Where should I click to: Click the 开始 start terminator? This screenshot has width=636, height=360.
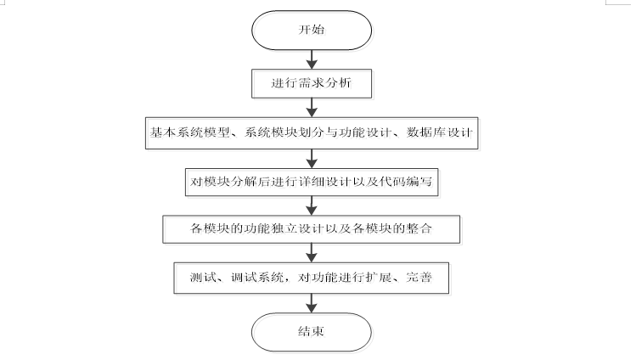pos(312,30)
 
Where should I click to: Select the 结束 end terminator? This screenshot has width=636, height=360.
pos(312,332)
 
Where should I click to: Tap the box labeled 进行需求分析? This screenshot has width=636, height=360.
pos(312,84)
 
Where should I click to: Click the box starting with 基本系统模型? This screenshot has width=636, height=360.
pos(313,132)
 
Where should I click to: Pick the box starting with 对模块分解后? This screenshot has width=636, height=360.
pos(313,181)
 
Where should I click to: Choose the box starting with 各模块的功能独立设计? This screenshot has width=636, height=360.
pos(313,229)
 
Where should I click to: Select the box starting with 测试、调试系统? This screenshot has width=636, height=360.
pos(313,278)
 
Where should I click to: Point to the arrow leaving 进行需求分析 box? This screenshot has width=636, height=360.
pos(312,108)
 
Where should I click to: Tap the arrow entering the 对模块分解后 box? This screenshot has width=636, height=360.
pos(312,157)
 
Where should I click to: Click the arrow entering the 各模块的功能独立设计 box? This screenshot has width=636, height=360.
pos(312,205)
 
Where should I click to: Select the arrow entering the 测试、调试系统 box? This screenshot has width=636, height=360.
pos(312,254)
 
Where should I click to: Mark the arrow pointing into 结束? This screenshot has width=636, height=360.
pos(312,302)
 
